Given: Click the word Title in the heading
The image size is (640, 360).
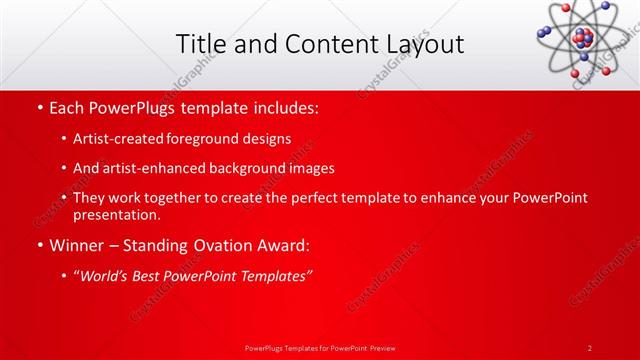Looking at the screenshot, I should coord(200,44).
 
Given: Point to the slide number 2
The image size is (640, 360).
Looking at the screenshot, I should coord(590,347).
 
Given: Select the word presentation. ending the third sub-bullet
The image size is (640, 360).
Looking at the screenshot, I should coord(116,214).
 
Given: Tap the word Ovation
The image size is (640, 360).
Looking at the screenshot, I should coord(218,245).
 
